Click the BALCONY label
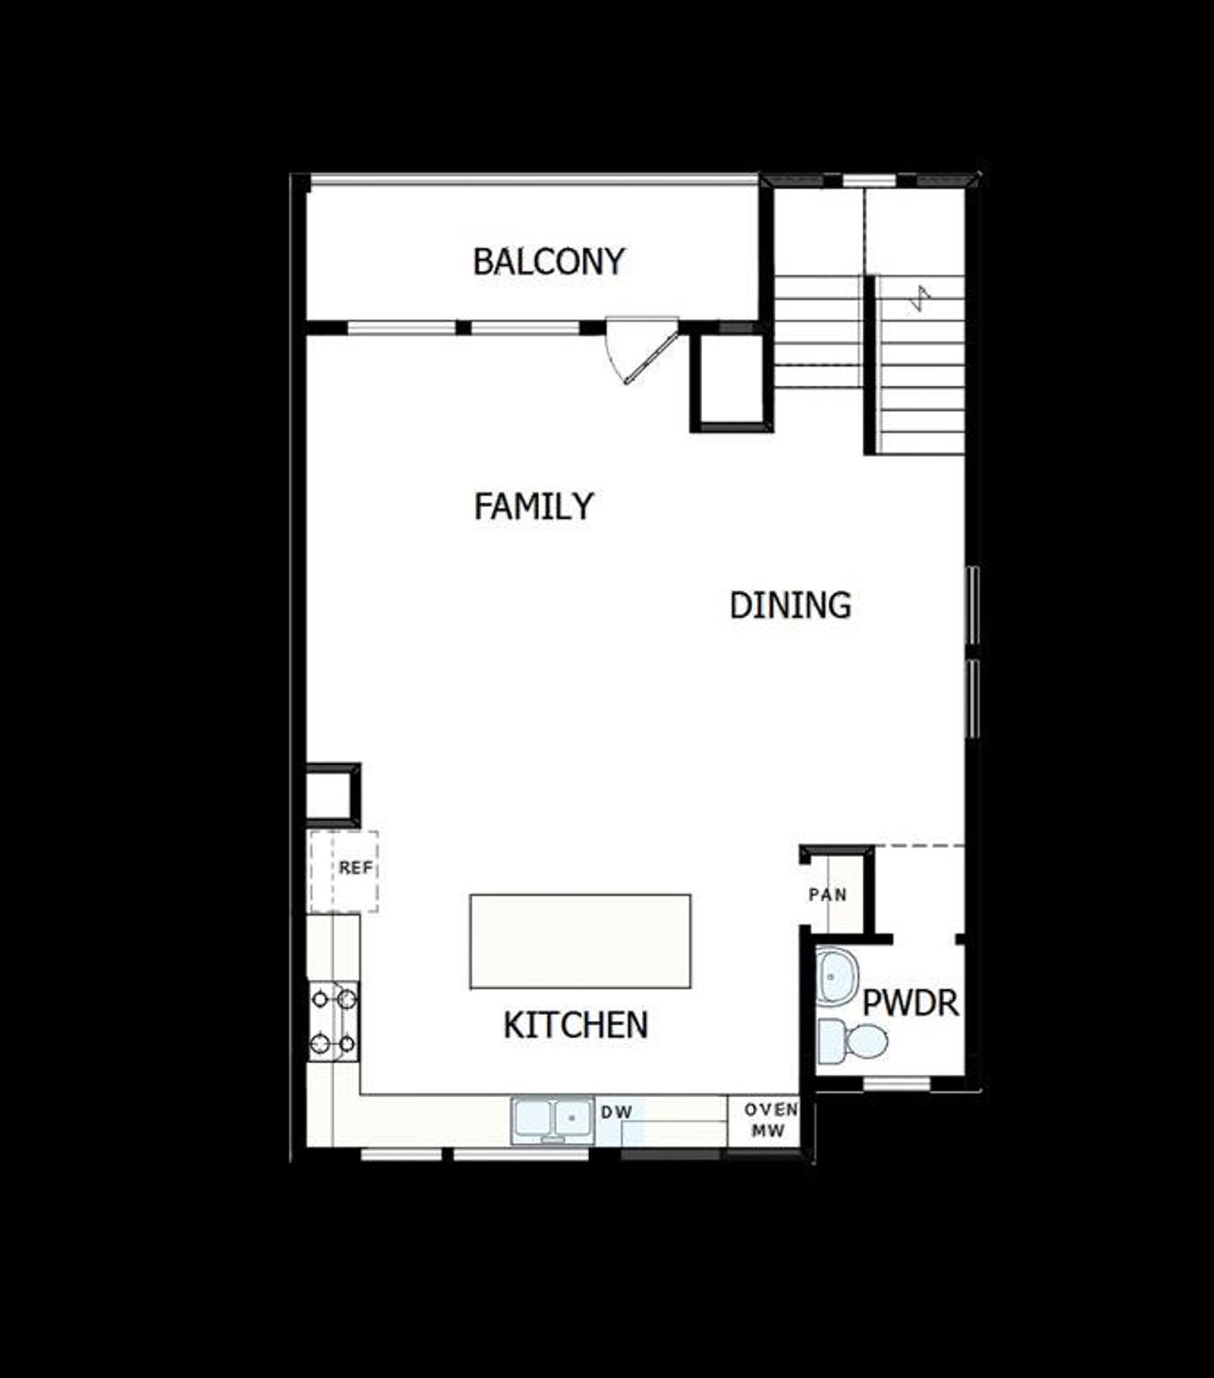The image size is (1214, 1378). [549, 261]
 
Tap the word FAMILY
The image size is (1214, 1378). [533, 506]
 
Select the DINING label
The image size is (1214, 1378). [790, 605]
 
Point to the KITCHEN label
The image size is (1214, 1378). [575, 1025]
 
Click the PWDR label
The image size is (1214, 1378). [910, 1003]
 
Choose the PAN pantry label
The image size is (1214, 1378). [827, 894]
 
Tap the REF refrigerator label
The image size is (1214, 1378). [356, 867]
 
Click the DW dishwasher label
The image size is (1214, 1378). [616, 1112]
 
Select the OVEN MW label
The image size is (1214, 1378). [769, 1120]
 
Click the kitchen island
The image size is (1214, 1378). [579, 940]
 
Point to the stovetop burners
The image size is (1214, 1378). [334, 1021]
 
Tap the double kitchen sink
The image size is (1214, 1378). [551, 1120]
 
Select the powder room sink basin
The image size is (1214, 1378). [836, 976]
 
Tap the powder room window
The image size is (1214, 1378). [896, 1083]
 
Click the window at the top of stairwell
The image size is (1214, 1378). [869, 180]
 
